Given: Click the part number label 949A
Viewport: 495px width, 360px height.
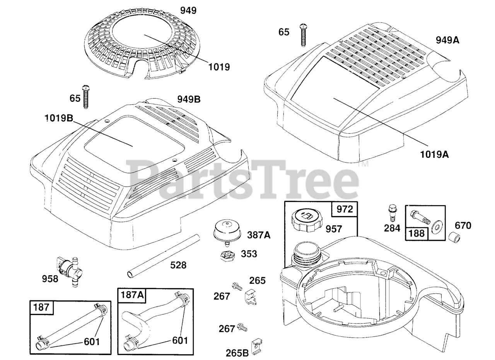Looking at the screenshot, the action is pos(447,40).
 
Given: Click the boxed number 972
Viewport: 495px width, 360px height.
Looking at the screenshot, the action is pos(345,209).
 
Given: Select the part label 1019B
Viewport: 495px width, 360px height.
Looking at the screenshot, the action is pos(58,118).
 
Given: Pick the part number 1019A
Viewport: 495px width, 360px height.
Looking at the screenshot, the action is pos(434,154).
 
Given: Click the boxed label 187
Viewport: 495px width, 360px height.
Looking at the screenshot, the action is pos(41,307).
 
